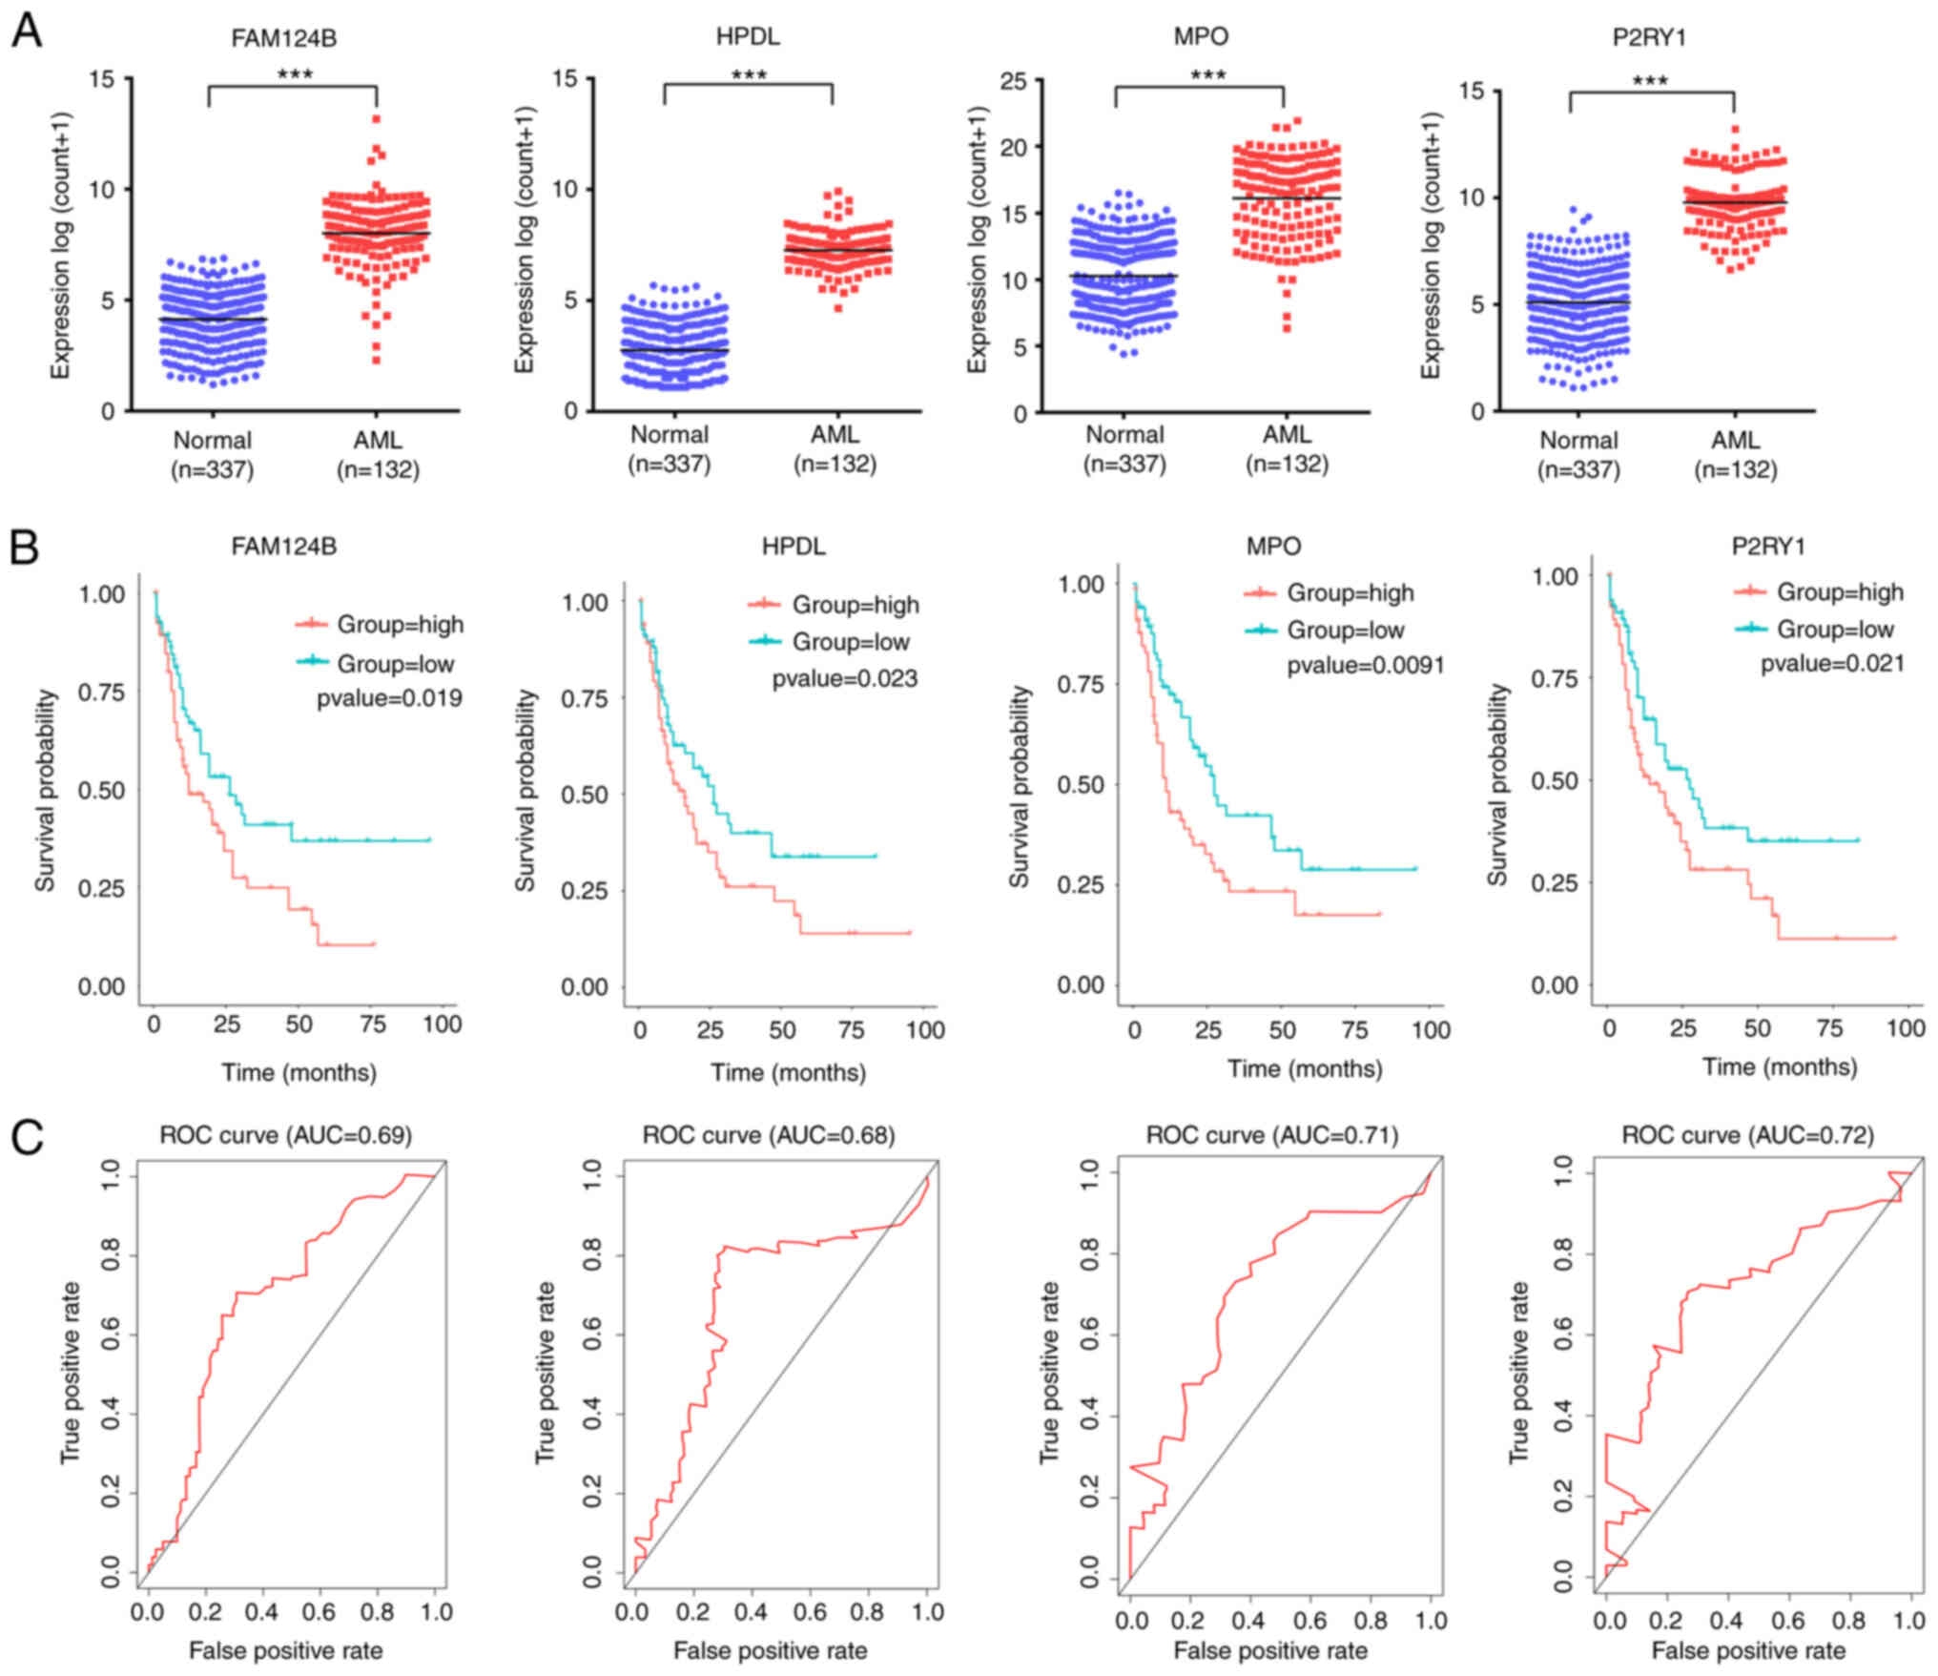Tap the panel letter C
point(27,1136)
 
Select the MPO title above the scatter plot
point(1201,37)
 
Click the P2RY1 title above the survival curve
point(1768,547)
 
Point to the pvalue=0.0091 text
point(1365,666)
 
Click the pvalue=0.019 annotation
point(389,699)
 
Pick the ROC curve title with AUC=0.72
point(1747,1135)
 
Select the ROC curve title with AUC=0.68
point(769,1135)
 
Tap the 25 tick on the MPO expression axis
point(1013,81)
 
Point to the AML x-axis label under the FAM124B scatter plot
point(378,441)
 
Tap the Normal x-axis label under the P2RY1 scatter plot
point(1578,441)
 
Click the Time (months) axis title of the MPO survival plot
point(1304,1068)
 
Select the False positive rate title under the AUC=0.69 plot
point(285,1650)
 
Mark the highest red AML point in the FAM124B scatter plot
point(377,119)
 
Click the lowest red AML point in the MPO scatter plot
point(1287,328)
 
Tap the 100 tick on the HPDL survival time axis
point(925,1030)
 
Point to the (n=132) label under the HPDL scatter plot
point(835,465)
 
